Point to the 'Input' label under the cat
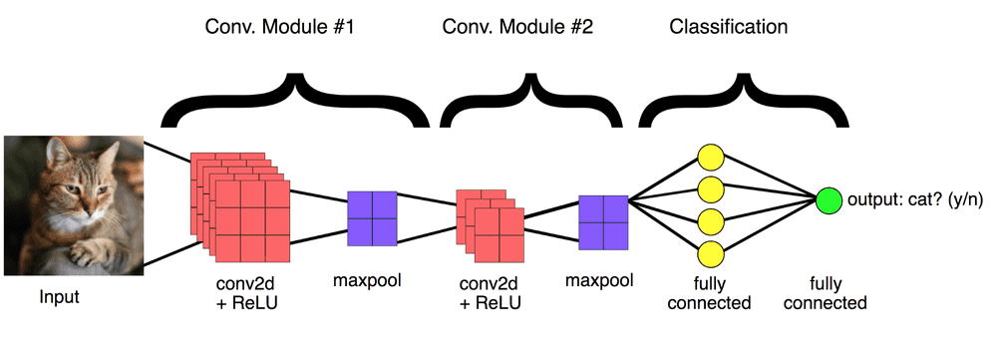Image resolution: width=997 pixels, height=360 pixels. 60,297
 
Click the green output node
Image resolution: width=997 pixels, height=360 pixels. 829,200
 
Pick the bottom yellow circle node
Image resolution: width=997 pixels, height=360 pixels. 710,250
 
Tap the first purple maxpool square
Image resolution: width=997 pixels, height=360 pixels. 372,217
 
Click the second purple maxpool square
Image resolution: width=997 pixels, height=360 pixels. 604,221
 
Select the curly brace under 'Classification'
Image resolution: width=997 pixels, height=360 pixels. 743,100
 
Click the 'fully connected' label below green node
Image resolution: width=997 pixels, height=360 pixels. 825,292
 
